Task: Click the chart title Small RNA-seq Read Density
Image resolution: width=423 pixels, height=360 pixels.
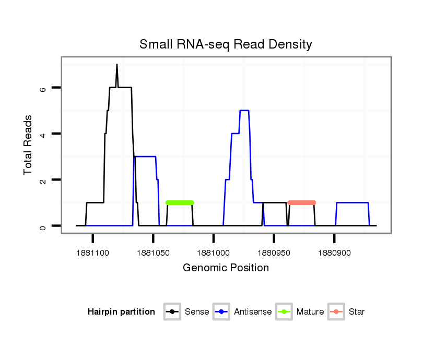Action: click(x=226, y=44)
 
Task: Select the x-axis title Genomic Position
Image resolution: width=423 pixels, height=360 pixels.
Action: click(x=226, y=268)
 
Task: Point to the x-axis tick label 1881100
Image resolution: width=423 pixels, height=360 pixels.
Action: click(x=92, y=253)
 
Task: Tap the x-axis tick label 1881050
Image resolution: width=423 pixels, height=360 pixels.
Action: click(x=153, y=253)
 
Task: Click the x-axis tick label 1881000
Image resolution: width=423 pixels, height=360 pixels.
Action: click(x=213, y=253)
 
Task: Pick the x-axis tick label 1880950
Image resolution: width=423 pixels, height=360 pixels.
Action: click(x=274, y=253)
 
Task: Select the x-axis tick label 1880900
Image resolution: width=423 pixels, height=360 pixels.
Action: click(x=334, y=253)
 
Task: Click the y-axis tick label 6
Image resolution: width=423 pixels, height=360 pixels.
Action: click(x=43, y=88)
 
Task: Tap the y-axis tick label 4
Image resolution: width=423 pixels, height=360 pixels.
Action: click(x=43, y=134)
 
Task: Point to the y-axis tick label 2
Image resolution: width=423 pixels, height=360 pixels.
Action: click(x=43, y=180)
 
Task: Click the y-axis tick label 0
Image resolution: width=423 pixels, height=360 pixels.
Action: click(x=43, y=226)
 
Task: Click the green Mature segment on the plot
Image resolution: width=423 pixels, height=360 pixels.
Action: click(x=180, y=202)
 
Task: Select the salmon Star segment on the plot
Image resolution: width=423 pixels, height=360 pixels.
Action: click(x=301, y=202)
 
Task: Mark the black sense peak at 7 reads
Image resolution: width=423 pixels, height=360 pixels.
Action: click(x=117, y=65)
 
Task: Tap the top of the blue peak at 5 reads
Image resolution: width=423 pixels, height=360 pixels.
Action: click(x=244, y=111)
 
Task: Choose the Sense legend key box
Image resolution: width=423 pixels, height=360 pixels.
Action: click(x=172, y=312)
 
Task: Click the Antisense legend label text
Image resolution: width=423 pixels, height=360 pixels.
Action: click(x=253, y=312)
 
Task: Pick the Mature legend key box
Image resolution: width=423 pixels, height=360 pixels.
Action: click(x=284, y=312)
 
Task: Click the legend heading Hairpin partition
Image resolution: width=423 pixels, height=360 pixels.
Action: click(x=121, y=312)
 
